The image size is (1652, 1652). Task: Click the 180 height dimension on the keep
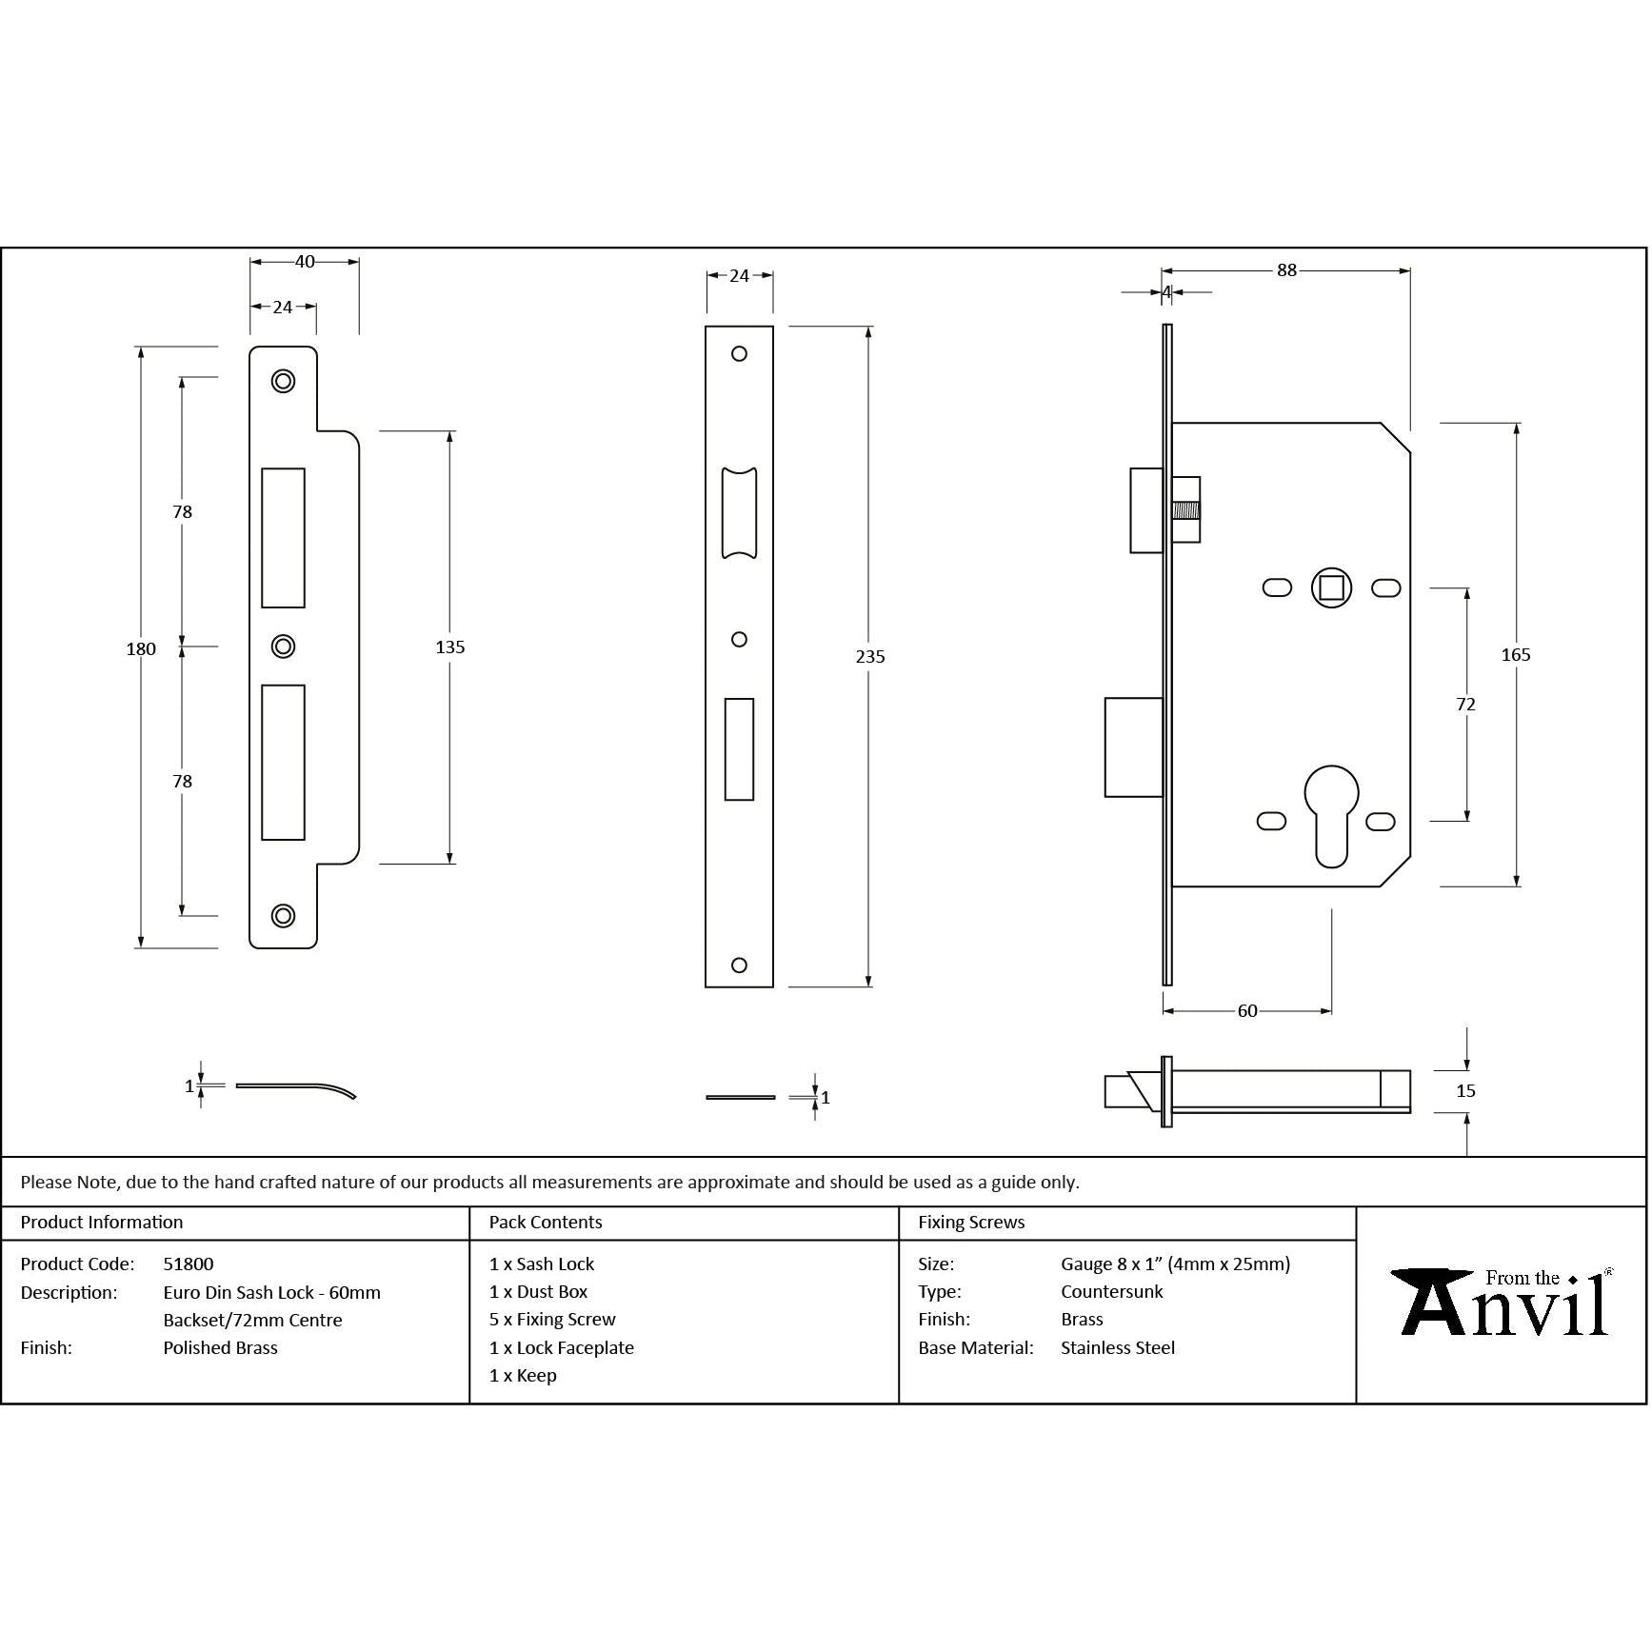tap(141, 649)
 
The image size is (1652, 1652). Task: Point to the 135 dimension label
tap(449, 647)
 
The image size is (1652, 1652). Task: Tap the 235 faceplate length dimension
tap(869, 657)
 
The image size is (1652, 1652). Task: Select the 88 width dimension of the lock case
tap(1286, 270)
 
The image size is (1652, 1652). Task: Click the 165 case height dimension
tap(1515, 655)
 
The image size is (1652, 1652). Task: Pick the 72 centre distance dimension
tap(1465, 705)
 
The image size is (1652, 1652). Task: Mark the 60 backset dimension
tap(1247, 1011)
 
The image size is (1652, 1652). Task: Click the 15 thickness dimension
tap(1465, 1091)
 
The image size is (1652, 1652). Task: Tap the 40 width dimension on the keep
tap(305, 262)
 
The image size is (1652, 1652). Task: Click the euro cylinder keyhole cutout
tap(1330, 815)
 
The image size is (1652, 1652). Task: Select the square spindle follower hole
tap(1331, 587)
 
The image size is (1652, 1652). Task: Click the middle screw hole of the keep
tap(283, 647)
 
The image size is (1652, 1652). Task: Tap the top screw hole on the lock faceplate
tap(739, 354)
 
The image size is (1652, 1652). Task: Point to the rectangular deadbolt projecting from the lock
tap(1133, 747)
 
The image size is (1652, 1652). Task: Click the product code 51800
tap(189, 1264)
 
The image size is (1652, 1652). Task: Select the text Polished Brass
tap(220, 1348)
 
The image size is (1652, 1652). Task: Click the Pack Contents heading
tap(546, 1223)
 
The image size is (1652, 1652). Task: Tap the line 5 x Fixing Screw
tap(552, 1320)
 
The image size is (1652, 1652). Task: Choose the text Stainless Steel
tap(1118, 1348)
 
